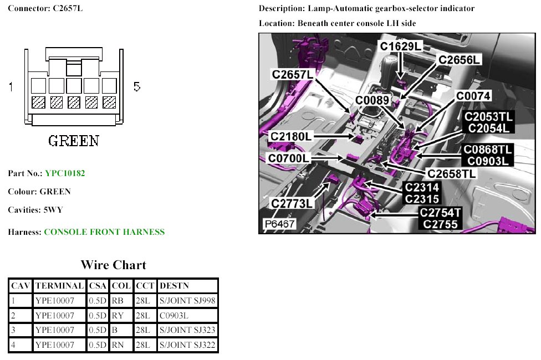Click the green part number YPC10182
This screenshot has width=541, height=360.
pos(65,173)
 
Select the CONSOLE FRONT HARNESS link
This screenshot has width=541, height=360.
pos(104,232)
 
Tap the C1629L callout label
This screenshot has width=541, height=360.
pos(400,47)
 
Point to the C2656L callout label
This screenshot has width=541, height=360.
pos(460,60)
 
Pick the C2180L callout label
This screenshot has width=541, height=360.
pos(292,136)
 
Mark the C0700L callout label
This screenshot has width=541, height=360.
pos(289,159)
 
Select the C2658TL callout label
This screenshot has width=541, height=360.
pos(451,173)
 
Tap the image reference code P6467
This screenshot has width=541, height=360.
pos(279,224)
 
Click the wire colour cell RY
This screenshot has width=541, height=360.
pos(117,315)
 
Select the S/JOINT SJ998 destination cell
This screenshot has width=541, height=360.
pos(187,301)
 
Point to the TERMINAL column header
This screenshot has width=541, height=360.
pos(59,286)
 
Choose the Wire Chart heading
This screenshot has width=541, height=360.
pos(114,265)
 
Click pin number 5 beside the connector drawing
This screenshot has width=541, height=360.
pos(137,86)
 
